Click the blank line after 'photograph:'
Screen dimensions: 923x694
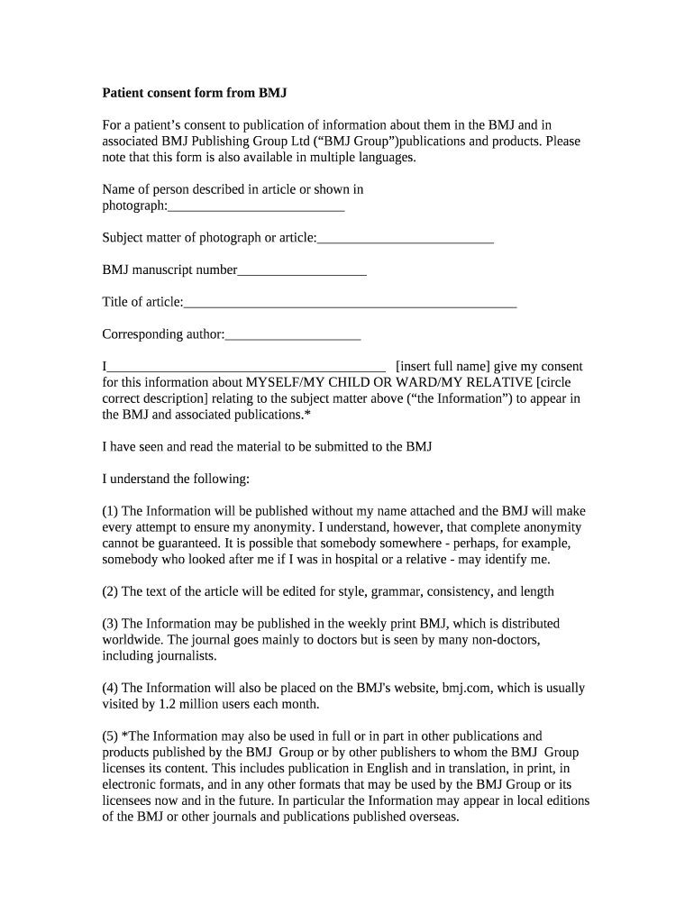256,206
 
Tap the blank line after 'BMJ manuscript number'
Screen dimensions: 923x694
301,270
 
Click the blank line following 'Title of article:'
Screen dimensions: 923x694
350,302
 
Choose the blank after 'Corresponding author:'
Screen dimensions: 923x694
293,334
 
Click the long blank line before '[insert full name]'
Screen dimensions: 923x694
246,366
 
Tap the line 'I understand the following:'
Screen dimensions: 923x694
176,479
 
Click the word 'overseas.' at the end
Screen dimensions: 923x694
434,818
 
